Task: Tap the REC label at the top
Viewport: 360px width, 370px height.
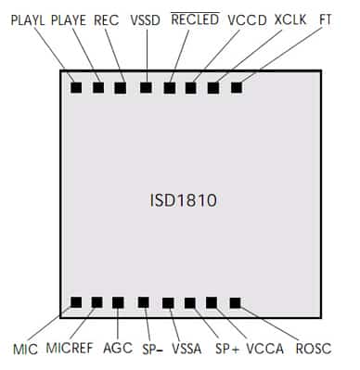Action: tap(107, 19)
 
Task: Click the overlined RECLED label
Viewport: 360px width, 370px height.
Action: tap(196, 19)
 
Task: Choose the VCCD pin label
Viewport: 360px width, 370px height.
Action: tap(246, 19)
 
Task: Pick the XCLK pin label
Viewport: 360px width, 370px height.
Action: tap(290, 19)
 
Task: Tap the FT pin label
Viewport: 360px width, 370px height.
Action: tap(326, 19)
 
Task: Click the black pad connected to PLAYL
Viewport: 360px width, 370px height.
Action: tap(76, 88)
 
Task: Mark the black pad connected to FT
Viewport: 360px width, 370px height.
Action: tap(236, 88)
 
